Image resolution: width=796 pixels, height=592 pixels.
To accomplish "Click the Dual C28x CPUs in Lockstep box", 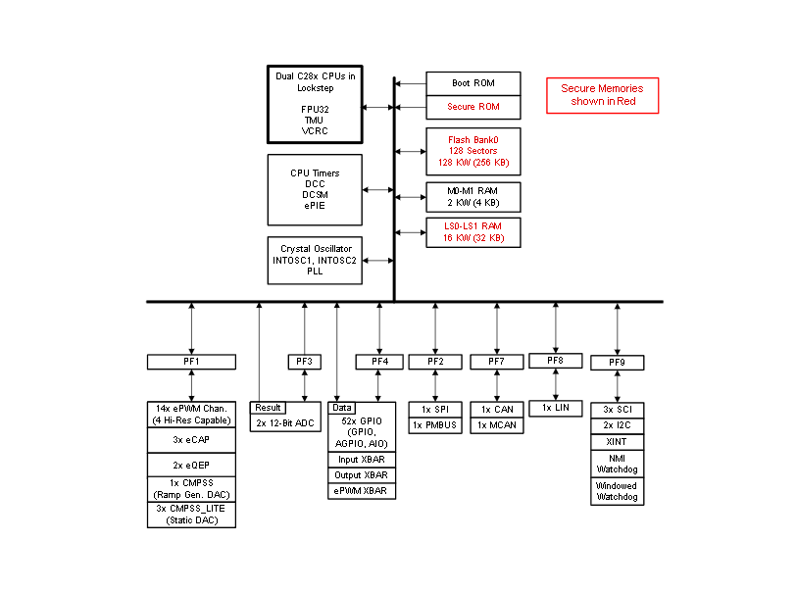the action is (315, 104).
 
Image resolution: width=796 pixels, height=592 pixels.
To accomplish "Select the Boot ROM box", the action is (473, 83).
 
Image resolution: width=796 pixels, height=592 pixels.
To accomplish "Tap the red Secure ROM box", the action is (473, 107).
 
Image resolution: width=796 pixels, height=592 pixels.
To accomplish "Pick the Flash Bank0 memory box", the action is (473, 151).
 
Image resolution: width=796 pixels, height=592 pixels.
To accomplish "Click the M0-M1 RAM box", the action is (473, 197).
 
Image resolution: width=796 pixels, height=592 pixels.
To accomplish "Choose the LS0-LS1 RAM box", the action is (473, 232).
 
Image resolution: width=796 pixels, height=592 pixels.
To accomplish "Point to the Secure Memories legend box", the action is (602, 95).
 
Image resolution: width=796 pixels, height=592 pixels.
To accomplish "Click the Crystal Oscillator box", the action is (315, 261).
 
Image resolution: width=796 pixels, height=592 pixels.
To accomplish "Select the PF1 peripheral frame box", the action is (191, 362).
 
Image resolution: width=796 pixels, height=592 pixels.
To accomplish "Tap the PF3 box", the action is (305, 362).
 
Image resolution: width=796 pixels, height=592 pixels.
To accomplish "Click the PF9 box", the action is (618, 363).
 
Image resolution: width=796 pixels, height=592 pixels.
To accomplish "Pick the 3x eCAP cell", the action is (191, 440).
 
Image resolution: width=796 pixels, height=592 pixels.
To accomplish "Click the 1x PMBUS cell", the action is (435, 425).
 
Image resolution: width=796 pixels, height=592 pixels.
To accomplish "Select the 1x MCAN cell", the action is (497, 425).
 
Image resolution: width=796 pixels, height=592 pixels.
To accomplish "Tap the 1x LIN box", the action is (556, 408).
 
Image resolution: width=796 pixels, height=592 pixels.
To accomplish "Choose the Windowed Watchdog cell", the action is (618, 491).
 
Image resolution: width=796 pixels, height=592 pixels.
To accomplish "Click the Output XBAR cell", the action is (362, 475).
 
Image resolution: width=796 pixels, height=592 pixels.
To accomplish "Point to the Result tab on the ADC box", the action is (268, 408).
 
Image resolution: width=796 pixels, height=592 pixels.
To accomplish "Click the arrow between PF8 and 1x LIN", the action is (556, 384).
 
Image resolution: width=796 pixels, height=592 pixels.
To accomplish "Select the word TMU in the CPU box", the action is (315, 121).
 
